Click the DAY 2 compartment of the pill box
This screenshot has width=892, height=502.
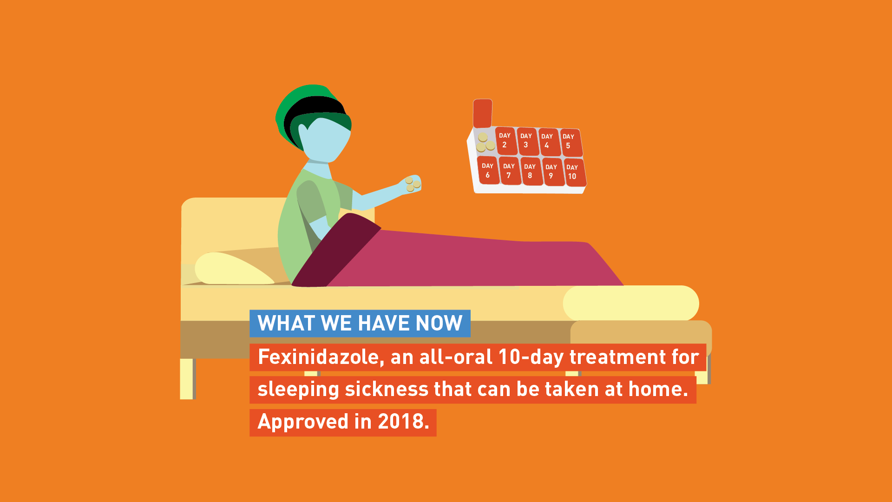point(506,141)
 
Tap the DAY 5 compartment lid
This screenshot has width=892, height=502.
point(571,142)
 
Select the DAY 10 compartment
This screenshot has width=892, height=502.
point(575,172)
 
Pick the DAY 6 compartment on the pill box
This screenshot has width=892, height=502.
point(488,170)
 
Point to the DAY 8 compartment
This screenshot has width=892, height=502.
point(531,172)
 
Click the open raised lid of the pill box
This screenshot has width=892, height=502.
point(483,113)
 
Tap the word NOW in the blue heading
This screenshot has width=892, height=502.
point(439,324)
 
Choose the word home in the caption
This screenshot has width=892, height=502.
point(658,389)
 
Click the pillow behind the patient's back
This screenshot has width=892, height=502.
point(234,269)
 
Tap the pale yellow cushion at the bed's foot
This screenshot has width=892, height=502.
point(631,303)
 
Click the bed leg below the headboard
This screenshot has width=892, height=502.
point(187,379)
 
